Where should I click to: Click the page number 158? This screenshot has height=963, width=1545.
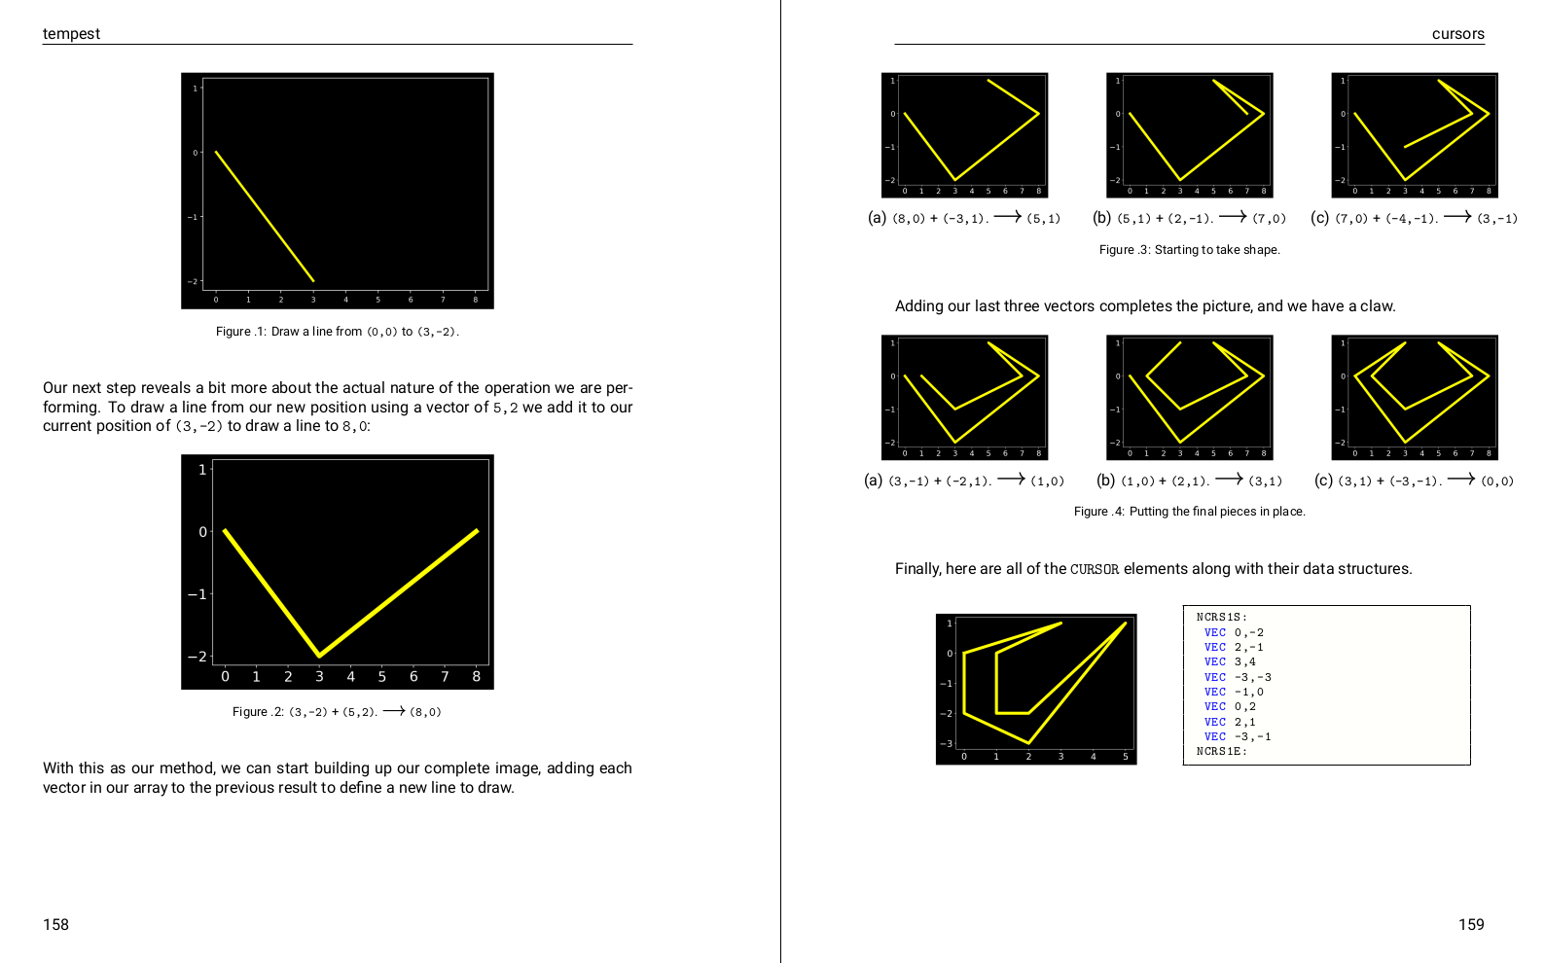(55, 924)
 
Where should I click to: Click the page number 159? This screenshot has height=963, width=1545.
(1471, 924)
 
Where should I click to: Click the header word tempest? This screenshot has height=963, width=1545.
(71, 34)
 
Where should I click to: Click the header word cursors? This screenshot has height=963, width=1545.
(1458, 34)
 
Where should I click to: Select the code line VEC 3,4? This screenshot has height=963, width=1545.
(1230, 661)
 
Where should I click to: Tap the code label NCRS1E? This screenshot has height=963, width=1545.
(1222, 751)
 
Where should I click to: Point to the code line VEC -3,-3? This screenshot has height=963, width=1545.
(1238, 677)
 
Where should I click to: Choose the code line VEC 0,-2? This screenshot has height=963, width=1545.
(1234, 632)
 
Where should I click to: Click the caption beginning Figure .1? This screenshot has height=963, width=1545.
(338, 332)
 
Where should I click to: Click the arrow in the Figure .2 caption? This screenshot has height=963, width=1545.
(394, 711)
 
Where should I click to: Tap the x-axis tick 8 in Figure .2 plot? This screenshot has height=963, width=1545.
(476, 677)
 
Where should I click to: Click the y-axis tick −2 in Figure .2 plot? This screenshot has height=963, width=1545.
(198, 656)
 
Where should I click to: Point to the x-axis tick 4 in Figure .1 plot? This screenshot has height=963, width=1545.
(345, 300)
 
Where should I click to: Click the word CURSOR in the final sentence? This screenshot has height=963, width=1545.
(1095, 569)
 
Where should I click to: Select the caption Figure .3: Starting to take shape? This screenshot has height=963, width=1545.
(1189, 250)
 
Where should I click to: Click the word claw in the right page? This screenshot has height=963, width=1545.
(1380, 305)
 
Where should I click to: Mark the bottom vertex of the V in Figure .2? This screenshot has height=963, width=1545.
(319, 656)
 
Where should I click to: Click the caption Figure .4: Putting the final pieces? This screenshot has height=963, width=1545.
(1189, 511)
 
